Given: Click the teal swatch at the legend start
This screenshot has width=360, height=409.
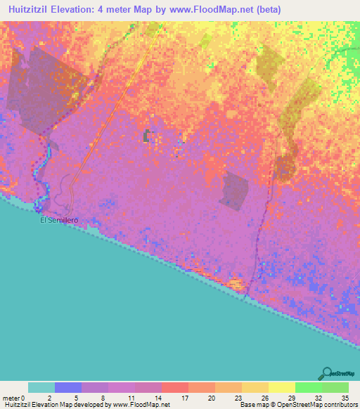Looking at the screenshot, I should (x=41, y=387).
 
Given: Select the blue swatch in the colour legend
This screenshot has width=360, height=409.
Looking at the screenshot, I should (x=68, y=387).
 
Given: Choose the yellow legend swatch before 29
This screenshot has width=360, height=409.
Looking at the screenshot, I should (x=281, y=387).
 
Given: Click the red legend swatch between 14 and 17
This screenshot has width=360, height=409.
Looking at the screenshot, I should (x=174, y=387).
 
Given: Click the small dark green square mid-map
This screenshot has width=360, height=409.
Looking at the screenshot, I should (x=146, y=136).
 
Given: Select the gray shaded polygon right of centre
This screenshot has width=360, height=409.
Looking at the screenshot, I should (x=234, y=190).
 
